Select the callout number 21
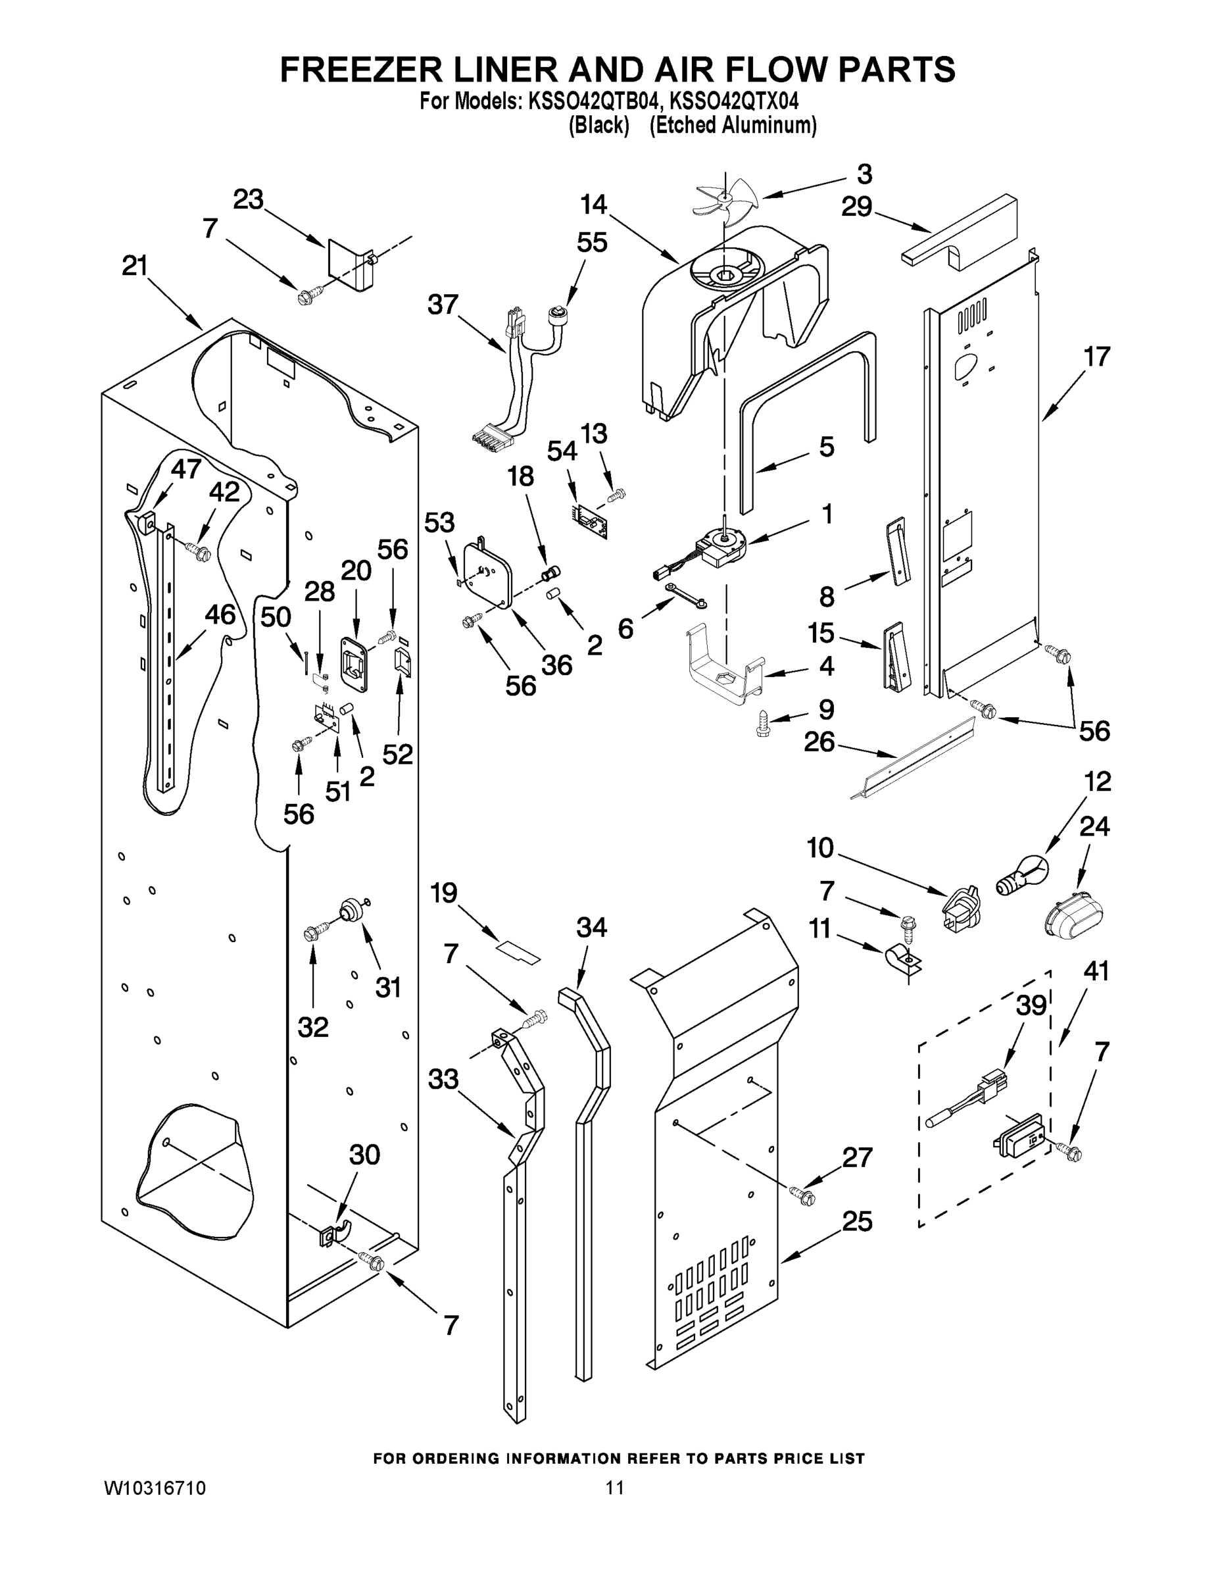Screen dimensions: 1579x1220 pyautogui.click(x=134, y=266)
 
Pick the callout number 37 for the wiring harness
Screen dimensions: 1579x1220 pyautogui.click(x=443, y=305)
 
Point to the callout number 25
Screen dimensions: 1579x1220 pyautogui.click(x=857, y=1221)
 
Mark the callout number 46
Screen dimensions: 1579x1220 pyautogui.click(x=220, y=614)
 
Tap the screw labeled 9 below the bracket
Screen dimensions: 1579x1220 pyautogui.click(x=761, y=722)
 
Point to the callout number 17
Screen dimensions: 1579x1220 pyautogui.click(x=1096, y=357)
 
